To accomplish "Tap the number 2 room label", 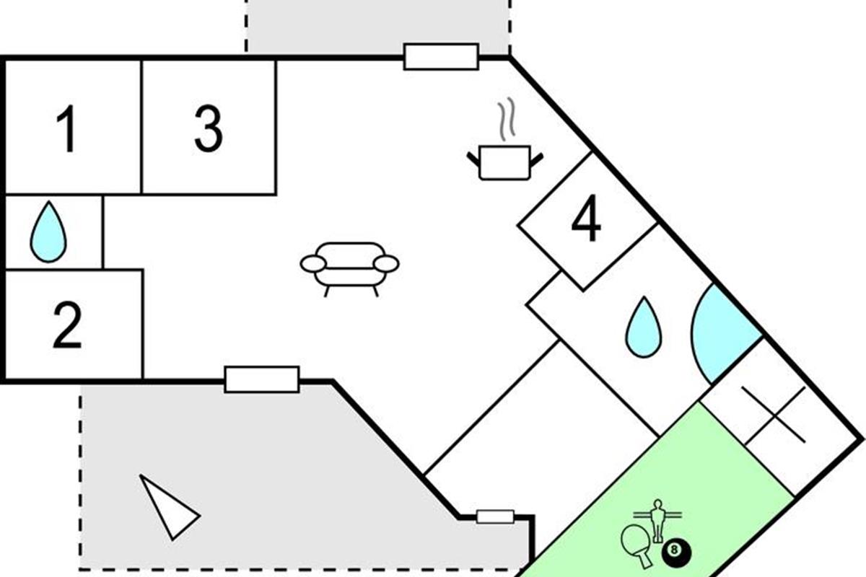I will tap(67, 326).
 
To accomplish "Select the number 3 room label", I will tap(209, 128).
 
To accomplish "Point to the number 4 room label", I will tap(586, 221).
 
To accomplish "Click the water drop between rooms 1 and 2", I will tap(48, 232).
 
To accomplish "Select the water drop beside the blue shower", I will tap(643, 327).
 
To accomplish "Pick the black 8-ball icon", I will tap(675, 552).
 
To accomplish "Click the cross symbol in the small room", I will tap(774, 415).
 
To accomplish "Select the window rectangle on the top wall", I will tap(441, 56).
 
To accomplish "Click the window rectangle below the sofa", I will tap(261, 379).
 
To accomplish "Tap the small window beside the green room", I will tap(495, 516).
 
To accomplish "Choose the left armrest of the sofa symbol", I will tap(313, 265).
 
